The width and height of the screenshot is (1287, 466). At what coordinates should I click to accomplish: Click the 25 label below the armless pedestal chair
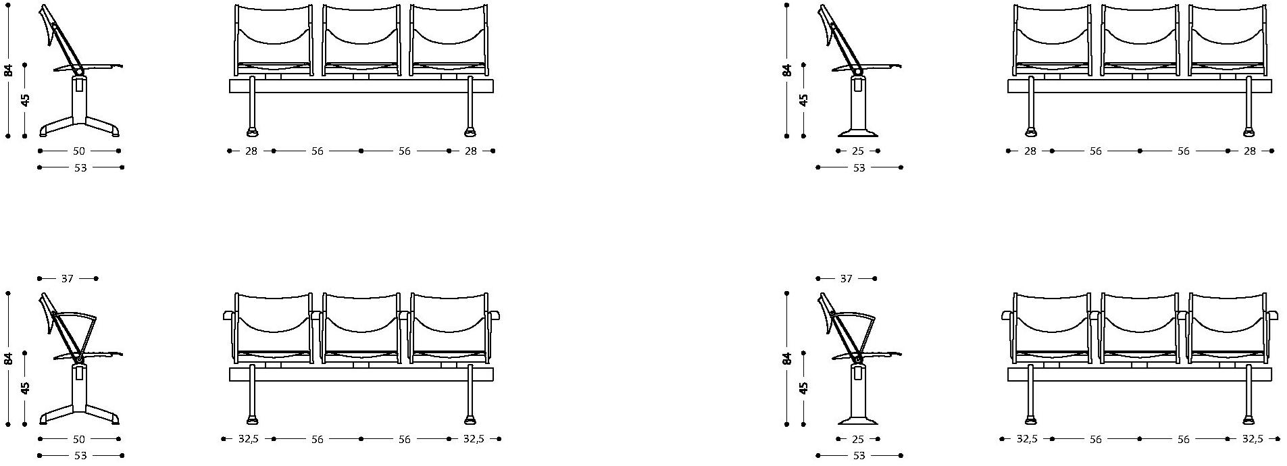(858, 151)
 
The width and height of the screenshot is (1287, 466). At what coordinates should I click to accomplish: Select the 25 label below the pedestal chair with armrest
(858, 440)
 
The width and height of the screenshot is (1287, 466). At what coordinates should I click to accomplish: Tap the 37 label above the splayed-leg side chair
(68, 278)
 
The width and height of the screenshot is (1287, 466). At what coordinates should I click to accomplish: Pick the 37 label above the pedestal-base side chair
(846, 278)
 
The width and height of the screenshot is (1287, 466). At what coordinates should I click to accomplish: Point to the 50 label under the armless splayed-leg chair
(79, 151)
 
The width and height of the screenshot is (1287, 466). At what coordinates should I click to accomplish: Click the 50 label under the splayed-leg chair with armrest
(79, 440)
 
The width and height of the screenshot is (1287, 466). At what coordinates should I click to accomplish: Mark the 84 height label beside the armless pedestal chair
(787, 70)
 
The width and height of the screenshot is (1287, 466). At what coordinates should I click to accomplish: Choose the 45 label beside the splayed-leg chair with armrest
(25, 388)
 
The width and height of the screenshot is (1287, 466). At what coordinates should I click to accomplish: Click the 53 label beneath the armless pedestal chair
(859, 167)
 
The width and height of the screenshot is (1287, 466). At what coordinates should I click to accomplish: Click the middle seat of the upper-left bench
(361, 40)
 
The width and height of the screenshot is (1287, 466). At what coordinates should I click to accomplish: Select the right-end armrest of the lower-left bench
(494, 315)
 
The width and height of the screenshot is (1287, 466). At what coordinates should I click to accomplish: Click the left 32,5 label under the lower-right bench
(1027, 440)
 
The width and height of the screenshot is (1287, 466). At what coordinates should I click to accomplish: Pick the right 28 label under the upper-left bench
(471, 151)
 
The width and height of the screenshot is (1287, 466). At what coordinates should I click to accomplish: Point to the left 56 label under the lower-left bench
(317, 440)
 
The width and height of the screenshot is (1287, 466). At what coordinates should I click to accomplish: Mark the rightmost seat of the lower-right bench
(1227, 328)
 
